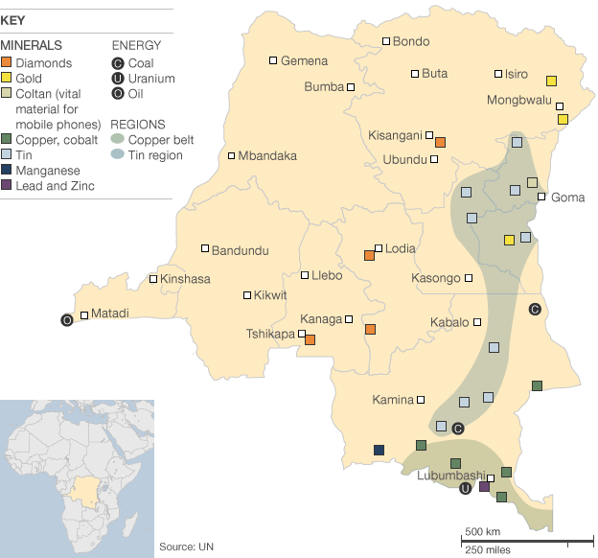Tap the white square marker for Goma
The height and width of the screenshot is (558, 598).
(541, 197)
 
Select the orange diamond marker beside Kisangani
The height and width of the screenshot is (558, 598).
(440, 142)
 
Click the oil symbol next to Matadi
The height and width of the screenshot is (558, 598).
(66, 319)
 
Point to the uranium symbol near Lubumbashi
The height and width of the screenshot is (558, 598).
(466, 488)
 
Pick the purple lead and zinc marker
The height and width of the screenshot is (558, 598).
(484, 487)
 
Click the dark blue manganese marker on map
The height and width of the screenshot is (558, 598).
(379, 451)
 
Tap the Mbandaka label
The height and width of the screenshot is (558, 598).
(267, 155)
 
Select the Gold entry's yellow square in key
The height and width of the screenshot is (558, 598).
(7, 78)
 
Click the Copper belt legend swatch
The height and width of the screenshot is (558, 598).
(117, 140)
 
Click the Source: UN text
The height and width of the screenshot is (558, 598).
(186, 546)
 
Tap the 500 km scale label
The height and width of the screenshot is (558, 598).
(482, 531)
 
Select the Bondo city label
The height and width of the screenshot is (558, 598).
(411, 41)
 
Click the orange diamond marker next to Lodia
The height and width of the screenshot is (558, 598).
(369, 255)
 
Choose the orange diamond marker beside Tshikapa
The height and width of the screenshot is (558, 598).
(310, 339)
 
